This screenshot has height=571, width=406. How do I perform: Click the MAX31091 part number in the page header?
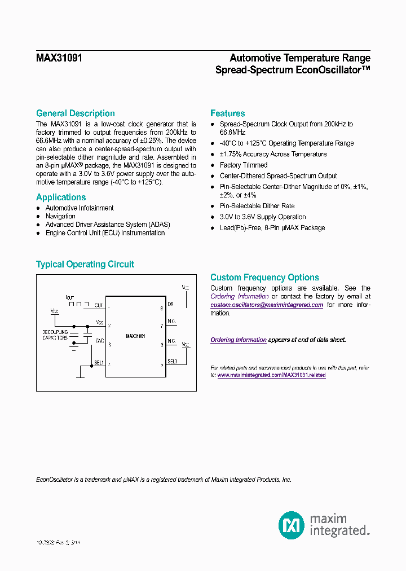[x=59, y=58]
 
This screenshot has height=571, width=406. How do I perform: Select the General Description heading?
[x=76, y=113]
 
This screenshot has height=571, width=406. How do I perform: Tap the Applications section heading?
[x=61, y=197]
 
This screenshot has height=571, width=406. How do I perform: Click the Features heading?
[x=227, y=113]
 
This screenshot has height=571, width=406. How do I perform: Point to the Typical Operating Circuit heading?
[x=85, y=265]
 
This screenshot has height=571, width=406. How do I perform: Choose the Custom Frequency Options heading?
[x=264, y=278]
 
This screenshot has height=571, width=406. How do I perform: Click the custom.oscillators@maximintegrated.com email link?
[x=267, y=305]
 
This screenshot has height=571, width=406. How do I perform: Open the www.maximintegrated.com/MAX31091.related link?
[x=271, y=375]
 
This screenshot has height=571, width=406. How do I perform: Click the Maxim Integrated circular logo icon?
[x=292, y=525]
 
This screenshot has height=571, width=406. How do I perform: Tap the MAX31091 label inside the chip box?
[x=135, y=336]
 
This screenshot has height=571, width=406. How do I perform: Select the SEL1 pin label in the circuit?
[x=99, y=362]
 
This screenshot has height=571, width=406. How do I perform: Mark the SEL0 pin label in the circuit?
[x=172, y=361]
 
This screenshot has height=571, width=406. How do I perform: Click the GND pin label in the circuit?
[x=99, y=341]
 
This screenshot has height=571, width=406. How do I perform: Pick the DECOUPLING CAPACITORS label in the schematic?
[x=55, y=335]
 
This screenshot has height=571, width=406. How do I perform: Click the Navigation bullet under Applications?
[x=60, y=216]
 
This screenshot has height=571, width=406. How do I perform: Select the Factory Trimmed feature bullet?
[x=244, y=165]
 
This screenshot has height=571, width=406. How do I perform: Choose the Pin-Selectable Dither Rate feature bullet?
[x=257, y=206]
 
